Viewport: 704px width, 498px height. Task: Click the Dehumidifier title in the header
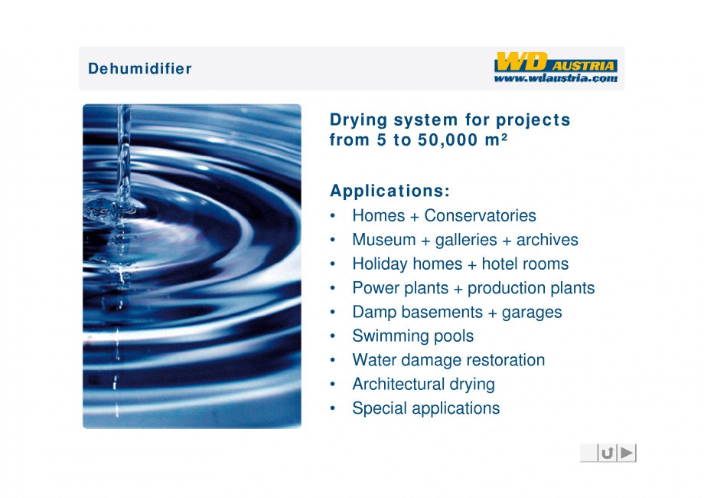tap(139, 68)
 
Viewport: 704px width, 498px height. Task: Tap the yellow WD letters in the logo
tap(521, 61)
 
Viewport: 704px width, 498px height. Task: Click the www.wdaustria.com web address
tap(556, 78)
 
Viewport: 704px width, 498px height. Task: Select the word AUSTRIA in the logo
tap(583, 66)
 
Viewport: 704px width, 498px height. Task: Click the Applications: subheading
tap(389, 191)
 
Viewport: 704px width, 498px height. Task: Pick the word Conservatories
tap(480, 215)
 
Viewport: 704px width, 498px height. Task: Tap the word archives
tap(547, 240)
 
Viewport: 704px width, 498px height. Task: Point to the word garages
tap(532, 313)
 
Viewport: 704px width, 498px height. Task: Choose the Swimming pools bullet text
tap(412, 336)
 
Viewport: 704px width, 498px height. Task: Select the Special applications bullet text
tap(425, 408)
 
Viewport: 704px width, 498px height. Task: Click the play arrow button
tap(627, 453)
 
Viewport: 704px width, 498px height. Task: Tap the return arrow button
tap(608, 453)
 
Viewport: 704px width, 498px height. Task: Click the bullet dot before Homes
tap(333, 216)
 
